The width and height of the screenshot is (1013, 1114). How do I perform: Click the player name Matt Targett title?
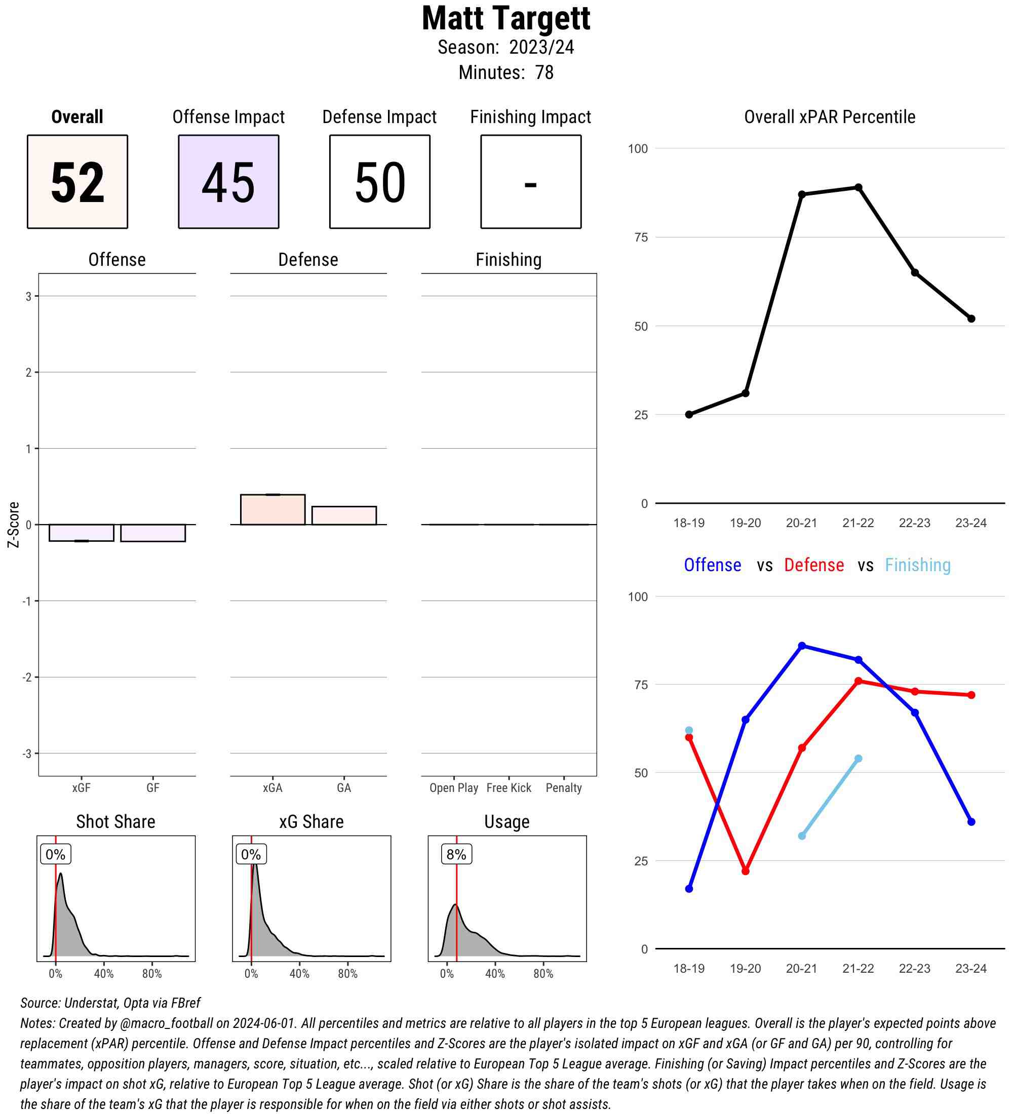pyautogui.click(x=505, y=19)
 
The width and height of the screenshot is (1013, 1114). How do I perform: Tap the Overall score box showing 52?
pyautogui.click(x=77, y=181)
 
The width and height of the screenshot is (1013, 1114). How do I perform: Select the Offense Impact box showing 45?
pyautogui.click(x=228, y=181)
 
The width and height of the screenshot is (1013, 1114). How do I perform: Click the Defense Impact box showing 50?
pyautogui.click(x=380, y=181)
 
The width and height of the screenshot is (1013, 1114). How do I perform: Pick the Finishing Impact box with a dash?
pyautogui.click(x=530, y=181)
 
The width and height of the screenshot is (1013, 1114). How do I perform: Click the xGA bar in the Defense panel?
pyautogui.click(x=272, y=509)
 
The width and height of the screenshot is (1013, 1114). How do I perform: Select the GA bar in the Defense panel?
pyautogui.click(x=344, y=515)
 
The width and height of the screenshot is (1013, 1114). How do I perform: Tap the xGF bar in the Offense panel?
pyautogui.click(x=81, y=533)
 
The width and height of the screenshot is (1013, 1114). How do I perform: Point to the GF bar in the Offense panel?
pyautogui.click(x=152, y=533)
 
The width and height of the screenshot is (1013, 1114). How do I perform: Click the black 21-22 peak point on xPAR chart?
pyautogui.click(x=858, y=187)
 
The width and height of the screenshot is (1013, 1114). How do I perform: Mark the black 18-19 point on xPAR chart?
pyautogui.click(x=689, y=414)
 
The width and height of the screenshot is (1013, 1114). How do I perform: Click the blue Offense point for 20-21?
pyautogui.click(x=802, y=646)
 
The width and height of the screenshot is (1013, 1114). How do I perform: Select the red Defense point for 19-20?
pyautogui.click(x=746, y=871)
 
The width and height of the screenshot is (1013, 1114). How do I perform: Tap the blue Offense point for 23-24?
pyautogui.click(x=971, y=822)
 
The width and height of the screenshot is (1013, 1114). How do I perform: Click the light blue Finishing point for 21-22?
pyautogui.click(x=858, y=759)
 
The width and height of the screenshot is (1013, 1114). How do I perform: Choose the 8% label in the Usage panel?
pyautogui.click(x=456, y=854)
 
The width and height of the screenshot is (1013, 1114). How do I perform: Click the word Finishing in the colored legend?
pyautogui.click(x=917, y=565)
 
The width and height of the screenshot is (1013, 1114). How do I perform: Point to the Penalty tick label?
pyautogui.click(x=563, y=787)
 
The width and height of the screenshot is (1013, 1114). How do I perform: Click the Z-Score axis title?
pyautogui.click(x=13, y=525)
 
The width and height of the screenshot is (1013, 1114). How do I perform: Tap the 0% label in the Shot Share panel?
pyautogui.click(x=55, y=854)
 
